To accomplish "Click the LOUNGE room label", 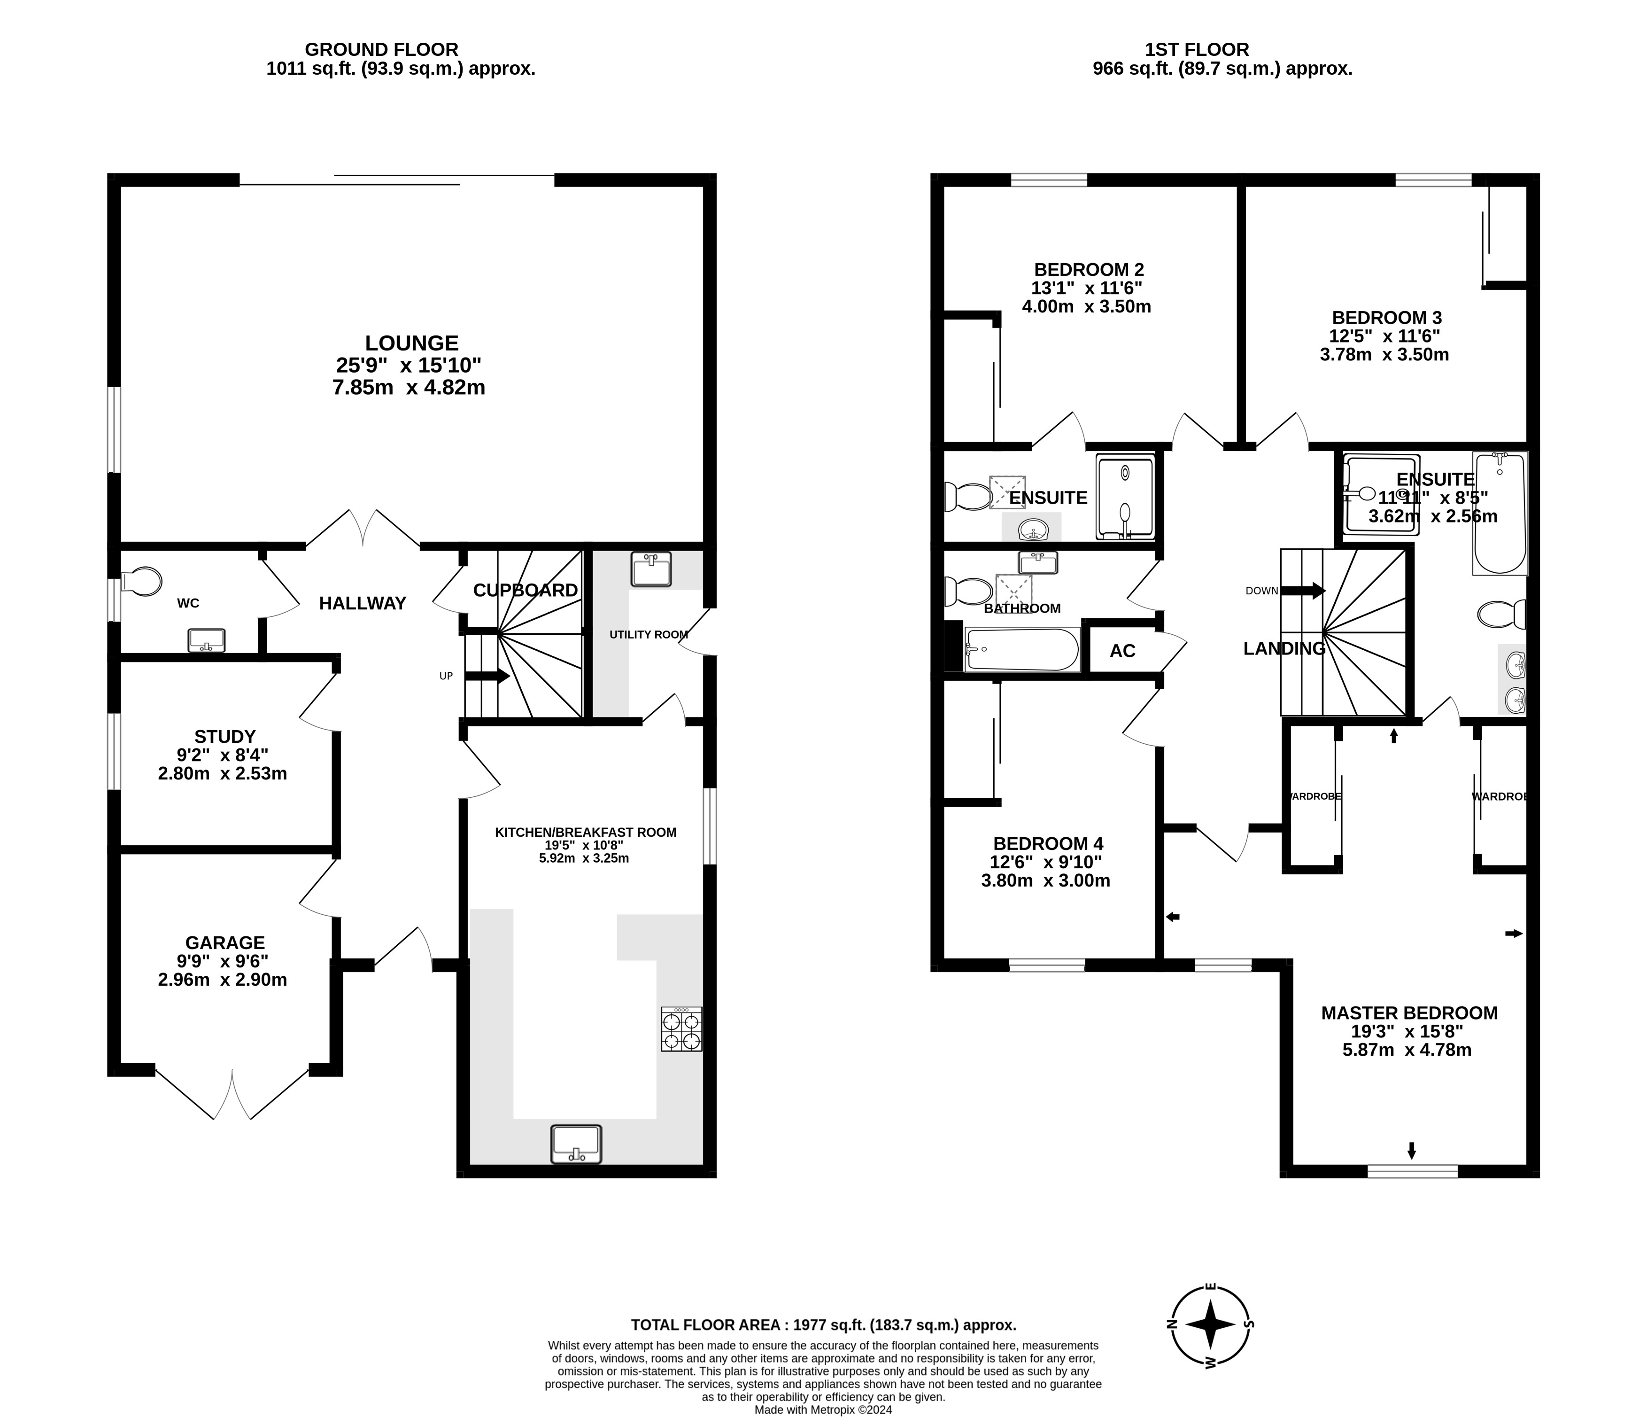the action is [412, 343].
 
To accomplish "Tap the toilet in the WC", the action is [141, 581].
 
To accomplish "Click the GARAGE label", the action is [225, 942].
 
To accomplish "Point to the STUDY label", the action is [225, 736].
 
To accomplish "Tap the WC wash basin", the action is [207, 640].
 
